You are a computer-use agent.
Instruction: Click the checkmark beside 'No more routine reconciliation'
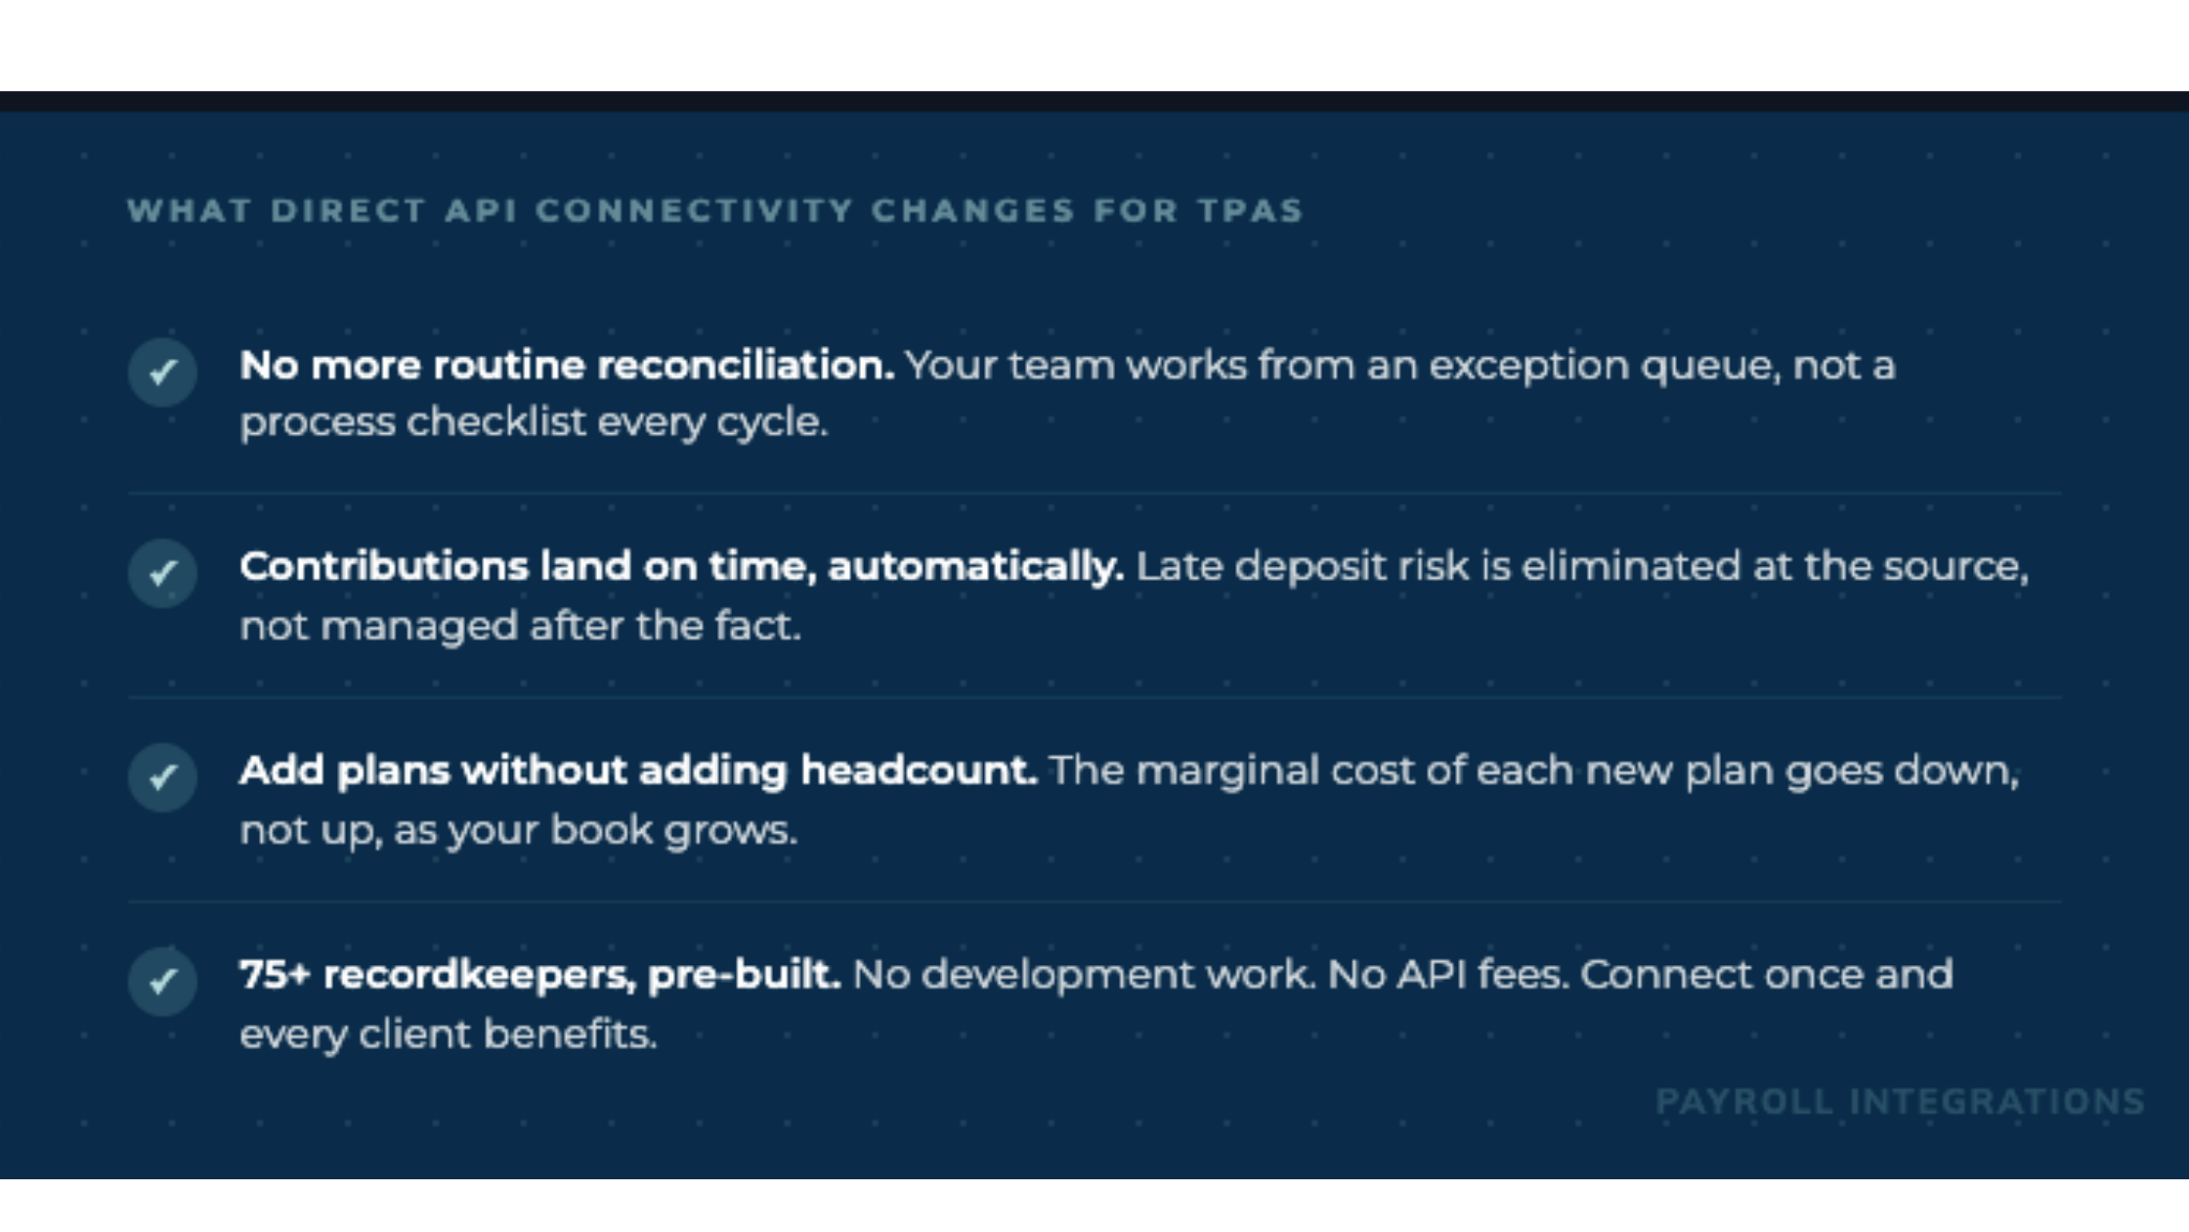pos(162,372)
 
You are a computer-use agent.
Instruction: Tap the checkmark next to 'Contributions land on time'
pos(162,573)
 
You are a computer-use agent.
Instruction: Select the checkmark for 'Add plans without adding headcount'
pos(162,777)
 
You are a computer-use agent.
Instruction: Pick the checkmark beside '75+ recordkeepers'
pos(162,981)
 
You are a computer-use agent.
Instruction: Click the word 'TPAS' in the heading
pos(1251,210)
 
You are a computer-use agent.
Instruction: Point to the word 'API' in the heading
pos(481,210)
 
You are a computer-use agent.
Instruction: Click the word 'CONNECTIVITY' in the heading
pos(695,210)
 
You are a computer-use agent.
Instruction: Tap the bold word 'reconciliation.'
pos(746,365)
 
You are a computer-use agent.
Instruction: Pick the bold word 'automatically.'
pos(975,567)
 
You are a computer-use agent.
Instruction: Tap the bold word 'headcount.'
pos(919,770)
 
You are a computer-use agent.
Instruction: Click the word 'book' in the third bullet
pos(601,830)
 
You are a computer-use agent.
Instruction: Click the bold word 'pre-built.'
pos(744,975)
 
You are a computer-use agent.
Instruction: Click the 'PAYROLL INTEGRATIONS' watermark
pos(1900,1102)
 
